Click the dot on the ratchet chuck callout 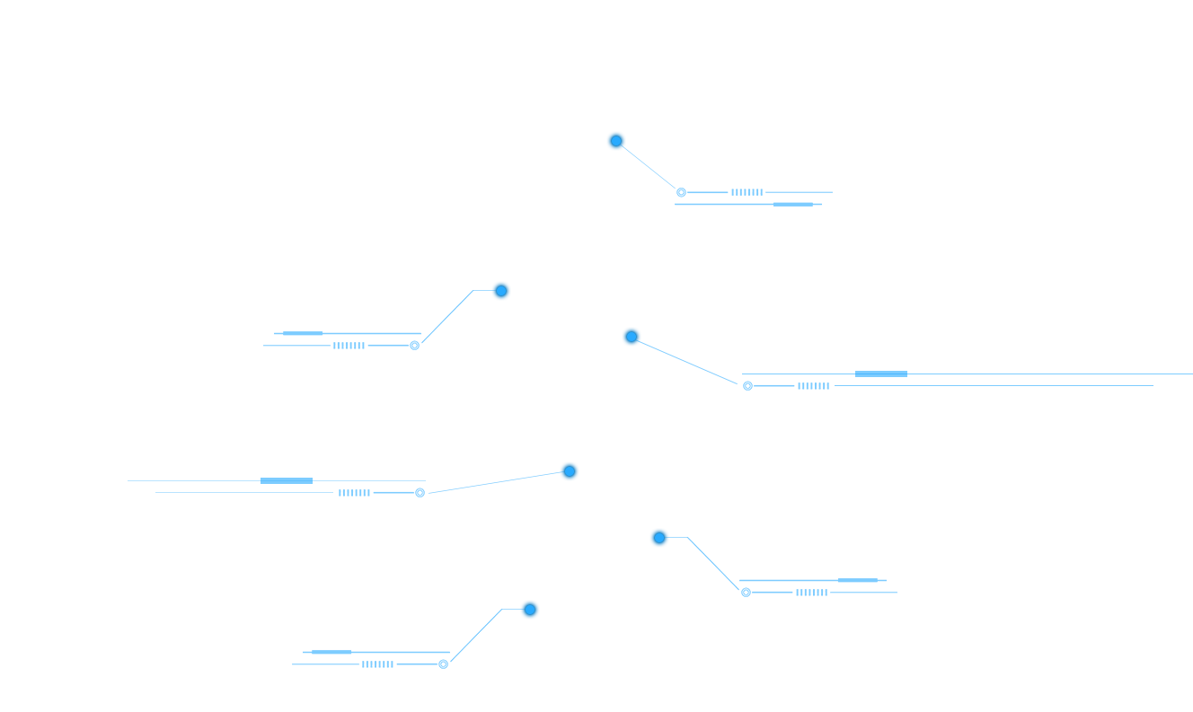point(615,141)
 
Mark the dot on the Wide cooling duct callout point(530,610)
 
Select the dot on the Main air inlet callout point(659,538)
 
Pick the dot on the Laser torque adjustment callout point(500,290)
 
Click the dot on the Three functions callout point(632,337)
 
